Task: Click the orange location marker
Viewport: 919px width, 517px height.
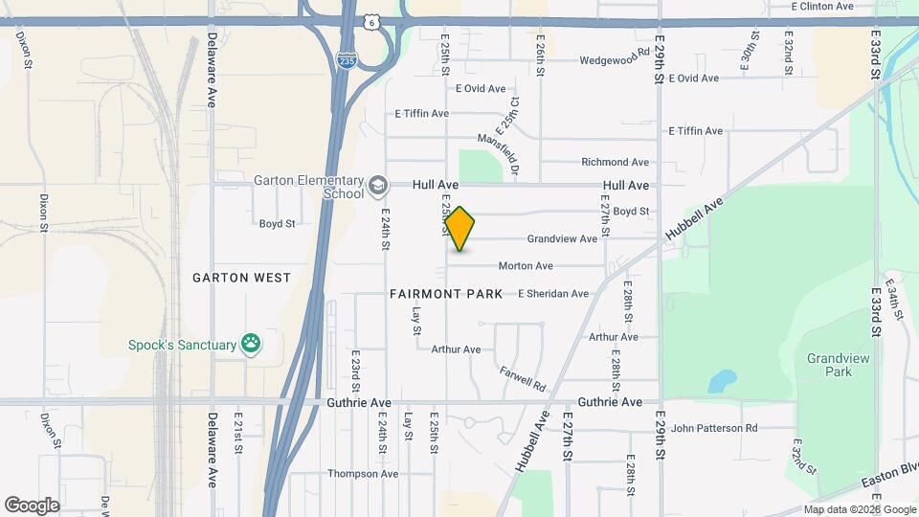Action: click(459, 228)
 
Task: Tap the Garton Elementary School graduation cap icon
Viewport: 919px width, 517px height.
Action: click(379, 185)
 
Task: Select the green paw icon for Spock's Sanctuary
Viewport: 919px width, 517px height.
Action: click(251, 344)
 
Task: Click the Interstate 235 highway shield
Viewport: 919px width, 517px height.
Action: click(347, 59)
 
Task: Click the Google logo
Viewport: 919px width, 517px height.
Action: click(32, 505)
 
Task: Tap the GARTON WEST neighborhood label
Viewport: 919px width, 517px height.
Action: click(241, 278)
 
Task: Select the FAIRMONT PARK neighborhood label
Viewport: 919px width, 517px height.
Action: click(446, 294)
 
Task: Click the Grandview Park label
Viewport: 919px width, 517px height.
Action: click(829, 365)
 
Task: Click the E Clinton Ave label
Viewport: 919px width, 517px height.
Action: click(822, 6)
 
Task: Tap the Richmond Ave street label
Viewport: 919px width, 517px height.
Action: click(615, 162)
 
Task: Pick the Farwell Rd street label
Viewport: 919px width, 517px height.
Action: click(523, 378)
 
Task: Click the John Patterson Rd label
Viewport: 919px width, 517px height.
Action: click(714, 428)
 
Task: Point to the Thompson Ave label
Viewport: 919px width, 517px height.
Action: click(362, 474)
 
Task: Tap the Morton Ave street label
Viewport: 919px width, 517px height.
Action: click(525, 266)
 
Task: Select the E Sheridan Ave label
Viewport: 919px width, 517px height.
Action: click(553, 294)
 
